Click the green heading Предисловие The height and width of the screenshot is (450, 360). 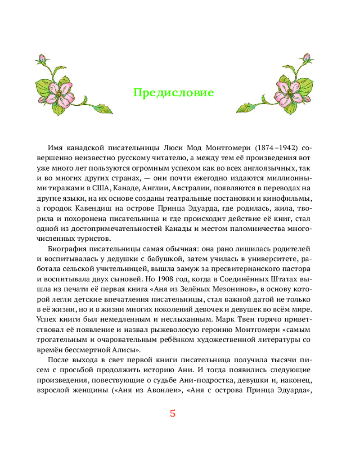coord(173,93)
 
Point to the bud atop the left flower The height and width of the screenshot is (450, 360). coord(41,59)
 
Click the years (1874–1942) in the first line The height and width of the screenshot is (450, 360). coord(274,148)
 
